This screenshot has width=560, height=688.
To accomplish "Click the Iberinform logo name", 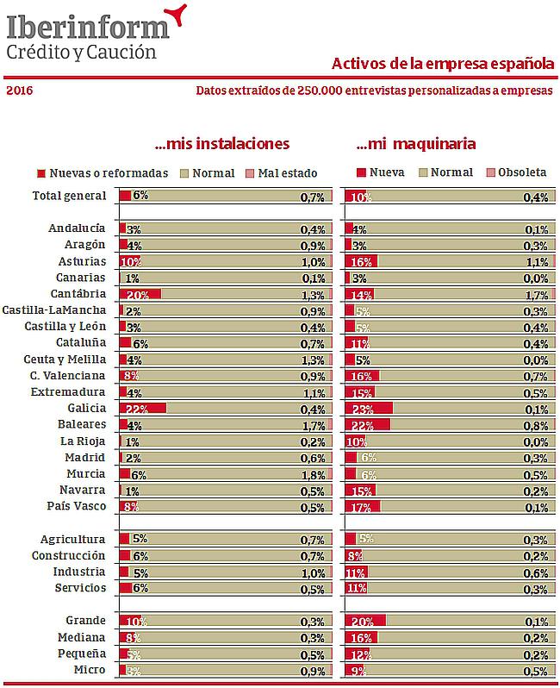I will click(x=87, y=26).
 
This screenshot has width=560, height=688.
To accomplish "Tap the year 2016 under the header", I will click(x=20, y=91).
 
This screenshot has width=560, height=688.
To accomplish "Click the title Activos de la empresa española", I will click(x=442, y=64).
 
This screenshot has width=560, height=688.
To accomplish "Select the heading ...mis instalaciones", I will click(x=221, y=143).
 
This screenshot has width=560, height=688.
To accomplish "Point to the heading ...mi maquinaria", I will click(x=416, y=143).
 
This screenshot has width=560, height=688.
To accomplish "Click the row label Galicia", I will click(x=86, y=409).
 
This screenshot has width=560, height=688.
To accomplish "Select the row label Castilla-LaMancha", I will click(x=54, y=310).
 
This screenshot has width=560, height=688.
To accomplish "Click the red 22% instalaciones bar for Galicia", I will click(x=142, y=409).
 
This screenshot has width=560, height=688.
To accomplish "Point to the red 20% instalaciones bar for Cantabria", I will click(x=140, y=294).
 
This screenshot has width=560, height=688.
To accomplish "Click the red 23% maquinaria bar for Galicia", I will click(x=368, y=409).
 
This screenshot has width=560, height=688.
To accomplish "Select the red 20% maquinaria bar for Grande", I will click(x=365, y=621).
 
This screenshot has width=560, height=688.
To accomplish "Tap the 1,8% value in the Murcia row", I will click(x=312, y=474).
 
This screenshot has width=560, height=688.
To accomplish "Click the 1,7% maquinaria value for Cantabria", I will click(x=536, y=294).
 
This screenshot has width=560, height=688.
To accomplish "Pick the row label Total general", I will click(x=69, y=196).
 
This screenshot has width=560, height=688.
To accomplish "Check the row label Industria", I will click(x=79, y=572).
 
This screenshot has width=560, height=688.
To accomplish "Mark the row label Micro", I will click(x=90, y=670).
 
